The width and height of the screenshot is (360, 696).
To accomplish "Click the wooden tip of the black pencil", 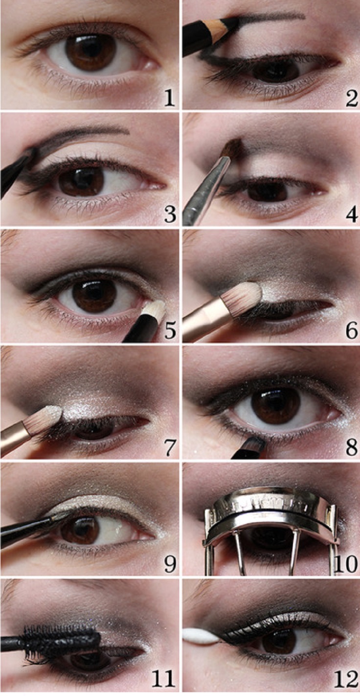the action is click(x=221, y=30).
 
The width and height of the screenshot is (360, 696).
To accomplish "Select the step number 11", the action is click(x=164, y=679).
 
